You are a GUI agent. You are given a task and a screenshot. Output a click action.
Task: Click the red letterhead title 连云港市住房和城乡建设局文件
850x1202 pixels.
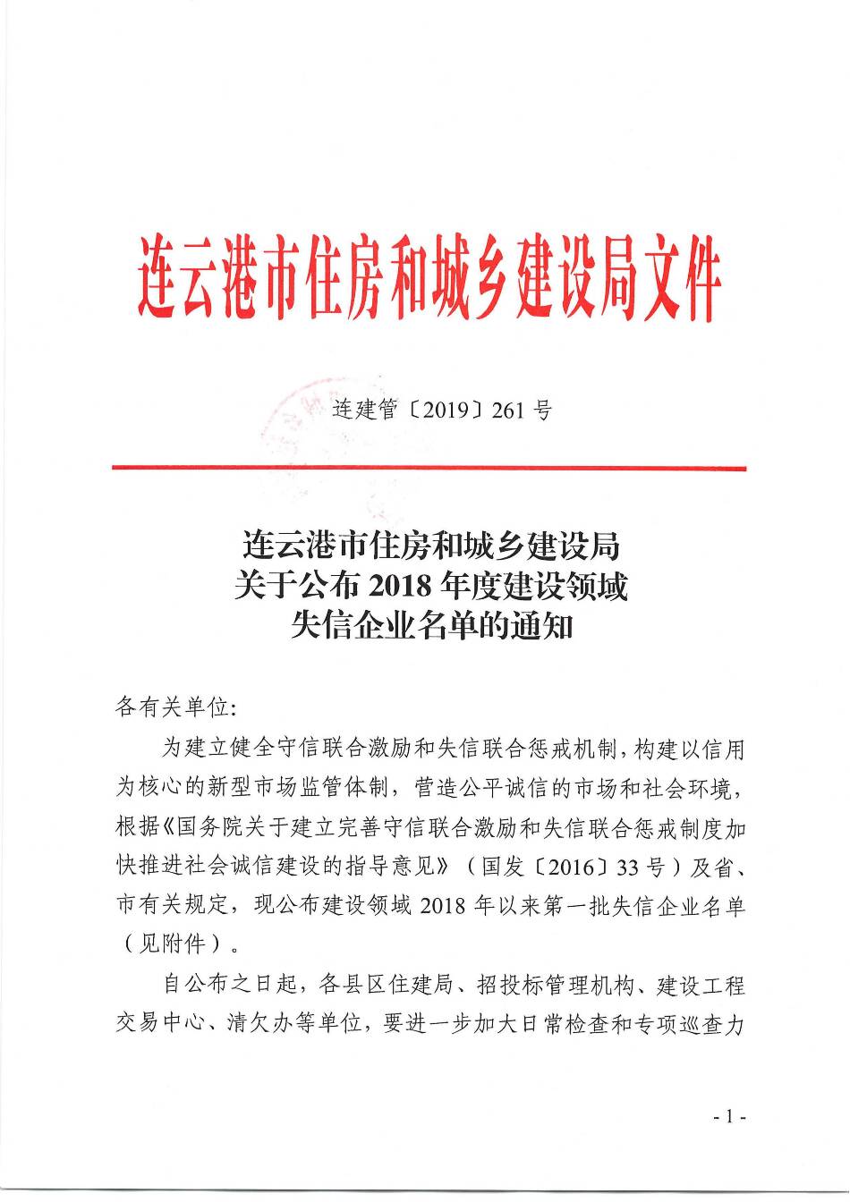click(x=429, y=279)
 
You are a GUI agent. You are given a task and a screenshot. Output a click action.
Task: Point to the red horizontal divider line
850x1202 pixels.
click(x=429, y=468)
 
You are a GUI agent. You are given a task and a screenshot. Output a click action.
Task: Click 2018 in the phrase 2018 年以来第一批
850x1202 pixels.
click(x=445, y=905)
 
